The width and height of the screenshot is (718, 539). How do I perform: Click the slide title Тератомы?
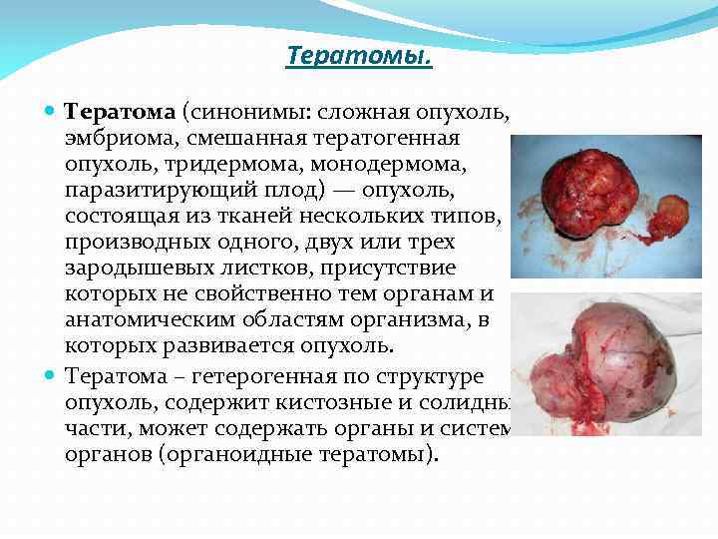pos(359,56)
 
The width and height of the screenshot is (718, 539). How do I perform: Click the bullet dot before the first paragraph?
pos(51,110)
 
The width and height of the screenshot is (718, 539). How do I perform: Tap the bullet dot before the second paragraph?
pos(51,375)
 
